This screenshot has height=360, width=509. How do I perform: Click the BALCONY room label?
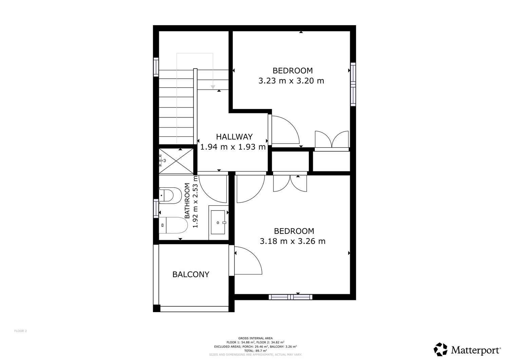point(191,274)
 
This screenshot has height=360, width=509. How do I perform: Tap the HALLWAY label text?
point(234,137)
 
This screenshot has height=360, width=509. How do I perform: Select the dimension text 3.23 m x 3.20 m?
point(291,81)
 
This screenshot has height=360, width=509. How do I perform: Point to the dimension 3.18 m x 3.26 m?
point(293,241)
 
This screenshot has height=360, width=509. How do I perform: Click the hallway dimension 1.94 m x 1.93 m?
point(233,147)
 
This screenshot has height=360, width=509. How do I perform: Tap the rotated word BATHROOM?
point(187,201)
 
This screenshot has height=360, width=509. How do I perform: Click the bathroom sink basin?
point(218,222)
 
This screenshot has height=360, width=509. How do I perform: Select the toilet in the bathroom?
point(173,225)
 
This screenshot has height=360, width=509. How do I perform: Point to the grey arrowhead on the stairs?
point(213,87)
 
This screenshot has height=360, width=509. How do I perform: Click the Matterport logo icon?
point(440,349)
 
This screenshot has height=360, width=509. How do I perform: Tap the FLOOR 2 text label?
point(20,331)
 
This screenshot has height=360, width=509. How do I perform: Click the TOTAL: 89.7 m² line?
point(256,351)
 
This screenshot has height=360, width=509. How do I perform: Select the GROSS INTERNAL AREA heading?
point(256,338)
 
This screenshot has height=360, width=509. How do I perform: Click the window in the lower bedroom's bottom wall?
point(290,297)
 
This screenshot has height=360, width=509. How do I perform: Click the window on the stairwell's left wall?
point(156,67)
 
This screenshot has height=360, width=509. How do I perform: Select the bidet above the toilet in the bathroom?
point(170,195)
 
